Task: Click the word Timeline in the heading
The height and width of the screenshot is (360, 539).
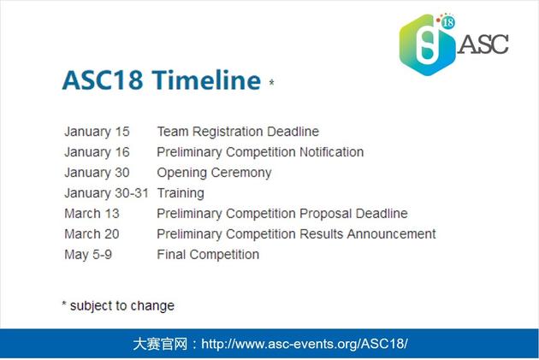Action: [x=206, y=80]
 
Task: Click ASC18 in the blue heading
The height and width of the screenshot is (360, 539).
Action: [x=103, y=80]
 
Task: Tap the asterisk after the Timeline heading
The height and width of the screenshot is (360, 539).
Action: [x=271, y=82]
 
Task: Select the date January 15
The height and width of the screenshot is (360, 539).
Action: [x=97, y=132]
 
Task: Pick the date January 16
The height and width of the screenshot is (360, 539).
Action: [x=97, y=152]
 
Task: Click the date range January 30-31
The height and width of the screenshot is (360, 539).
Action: [x=106, y=193]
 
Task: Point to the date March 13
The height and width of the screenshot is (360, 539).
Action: [x=92, y=214]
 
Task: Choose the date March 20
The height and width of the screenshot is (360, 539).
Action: [x=92, y=234]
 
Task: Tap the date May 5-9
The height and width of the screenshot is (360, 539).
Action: [x=88, y=255]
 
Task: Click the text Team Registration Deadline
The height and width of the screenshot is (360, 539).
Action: [x=238, y=132]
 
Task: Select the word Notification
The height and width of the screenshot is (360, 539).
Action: [x=331, y=152]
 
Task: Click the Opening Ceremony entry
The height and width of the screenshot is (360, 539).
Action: [x=214, y=173]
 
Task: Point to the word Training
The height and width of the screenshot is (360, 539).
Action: [x=181, y=193]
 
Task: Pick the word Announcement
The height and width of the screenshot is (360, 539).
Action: [x=391, y=234]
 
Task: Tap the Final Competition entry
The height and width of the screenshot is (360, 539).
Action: [x=208, y=255]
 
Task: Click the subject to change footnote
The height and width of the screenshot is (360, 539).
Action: [x=118, y=306]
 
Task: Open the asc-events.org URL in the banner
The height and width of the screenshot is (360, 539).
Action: [x=305, y=344]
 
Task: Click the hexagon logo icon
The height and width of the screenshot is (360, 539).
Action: [x=427, y=44]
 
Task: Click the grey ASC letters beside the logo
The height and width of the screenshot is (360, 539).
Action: [x=483, y=44]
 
